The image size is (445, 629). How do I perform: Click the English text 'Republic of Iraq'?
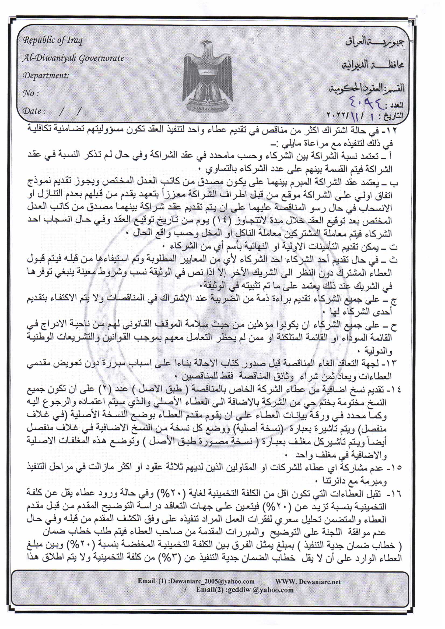pos(53,41)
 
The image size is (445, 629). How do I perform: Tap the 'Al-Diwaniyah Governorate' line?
pos(73,58)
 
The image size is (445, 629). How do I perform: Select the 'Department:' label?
pos(46,75)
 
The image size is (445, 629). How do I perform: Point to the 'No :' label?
pos(30,93)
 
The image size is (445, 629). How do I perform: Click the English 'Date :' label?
pos(34,111)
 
